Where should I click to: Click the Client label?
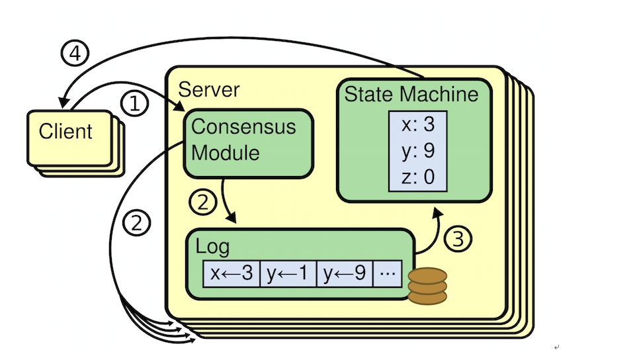(x=65, y=131)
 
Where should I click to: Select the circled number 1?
(x=134, y=104)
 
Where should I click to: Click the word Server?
(x=210, y=89)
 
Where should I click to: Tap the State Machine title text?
(x=411, y=93)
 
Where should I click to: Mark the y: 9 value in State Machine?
(x=417, y=152)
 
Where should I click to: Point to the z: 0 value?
(x=417, y=177)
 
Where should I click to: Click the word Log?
(x=212, y=247)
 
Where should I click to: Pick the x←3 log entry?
(x=231, y=274)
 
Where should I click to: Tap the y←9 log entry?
(x=345, y=274)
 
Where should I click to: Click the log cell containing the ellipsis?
(x=388, y=274)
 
